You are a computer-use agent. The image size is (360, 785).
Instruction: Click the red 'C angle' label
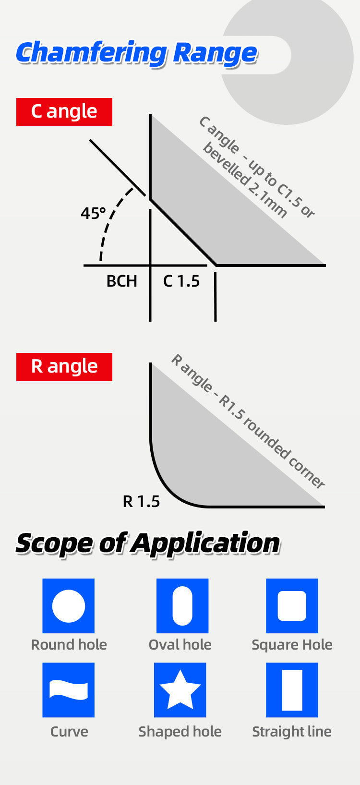pyautogui.click(x=64, y=112)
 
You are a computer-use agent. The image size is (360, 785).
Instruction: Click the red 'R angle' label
pyautogui.click(x=64, y=367)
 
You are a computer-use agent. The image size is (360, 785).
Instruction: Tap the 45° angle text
pyautogui.click(x=93, y=214)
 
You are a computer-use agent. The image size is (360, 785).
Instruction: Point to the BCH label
pyautogui.click(x=121, y=281)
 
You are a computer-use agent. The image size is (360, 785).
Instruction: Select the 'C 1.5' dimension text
pyautogui.click(x=181, y=281)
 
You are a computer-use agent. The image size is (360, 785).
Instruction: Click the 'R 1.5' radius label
pyautogui.click(x=141, y=502)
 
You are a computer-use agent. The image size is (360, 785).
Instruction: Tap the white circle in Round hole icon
pyautogui.click(x=69, y=606)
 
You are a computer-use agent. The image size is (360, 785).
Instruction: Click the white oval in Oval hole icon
pyautogui.click(x=182, y=606)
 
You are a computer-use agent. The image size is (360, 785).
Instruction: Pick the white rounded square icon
pyautogui.click(x=292, y=606)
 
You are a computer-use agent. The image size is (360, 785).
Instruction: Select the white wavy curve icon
pyautogui.click(x=69, y=689)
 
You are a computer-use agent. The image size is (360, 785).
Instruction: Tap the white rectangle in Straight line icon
pyautogui.click(x=292, y=689)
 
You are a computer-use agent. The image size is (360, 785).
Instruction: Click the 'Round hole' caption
pyautogui.click(x=69, y=645)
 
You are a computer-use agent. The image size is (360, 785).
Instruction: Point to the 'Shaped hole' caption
pyautogui.click(x=180, y=732)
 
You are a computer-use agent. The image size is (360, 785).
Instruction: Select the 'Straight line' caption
pyautogui.click(x=292, y=732)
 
